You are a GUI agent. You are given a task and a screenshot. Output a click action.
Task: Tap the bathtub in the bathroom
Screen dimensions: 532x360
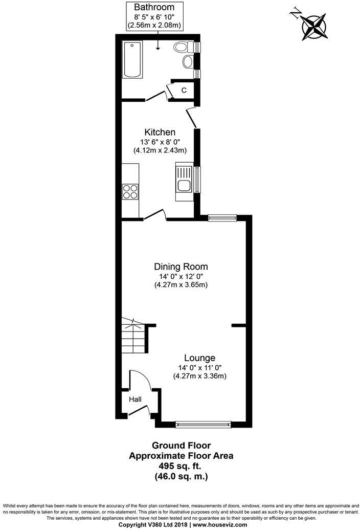132,60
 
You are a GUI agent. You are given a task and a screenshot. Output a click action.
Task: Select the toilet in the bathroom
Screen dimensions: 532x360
182,48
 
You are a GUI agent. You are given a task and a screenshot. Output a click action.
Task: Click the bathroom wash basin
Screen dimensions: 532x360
188,63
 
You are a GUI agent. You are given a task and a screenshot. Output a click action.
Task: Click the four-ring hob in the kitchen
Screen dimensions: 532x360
130,191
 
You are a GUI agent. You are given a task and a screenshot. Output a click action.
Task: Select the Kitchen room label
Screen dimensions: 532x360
160,132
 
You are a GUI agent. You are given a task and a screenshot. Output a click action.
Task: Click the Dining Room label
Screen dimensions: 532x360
181,267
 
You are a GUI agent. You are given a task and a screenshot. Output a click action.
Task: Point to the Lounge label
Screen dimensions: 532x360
199,358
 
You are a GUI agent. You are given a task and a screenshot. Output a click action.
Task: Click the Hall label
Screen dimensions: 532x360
134,400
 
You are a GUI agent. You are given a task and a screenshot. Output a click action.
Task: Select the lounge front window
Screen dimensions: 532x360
203,424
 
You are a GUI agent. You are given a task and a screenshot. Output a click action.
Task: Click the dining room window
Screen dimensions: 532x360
222,218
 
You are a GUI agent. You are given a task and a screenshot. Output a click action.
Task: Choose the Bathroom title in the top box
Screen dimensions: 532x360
154,7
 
